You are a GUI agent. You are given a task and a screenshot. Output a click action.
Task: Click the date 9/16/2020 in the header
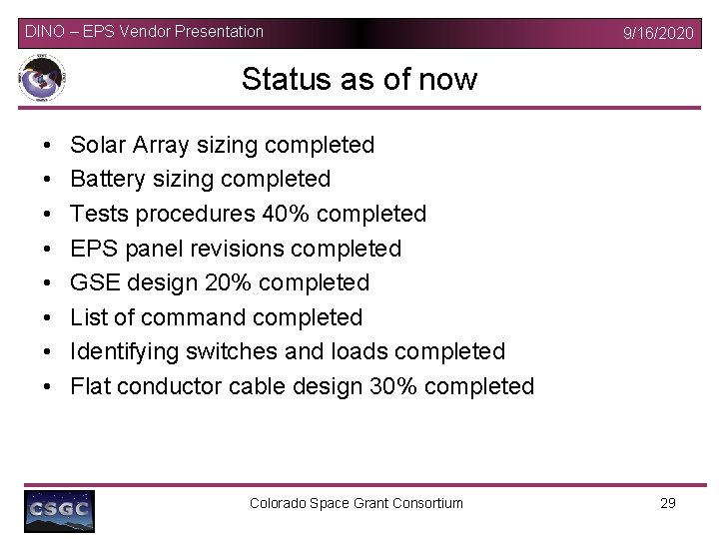[x=657, y=33]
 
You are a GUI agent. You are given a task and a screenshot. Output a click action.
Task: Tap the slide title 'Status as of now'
[x=359, y=79]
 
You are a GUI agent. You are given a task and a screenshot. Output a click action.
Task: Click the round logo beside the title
[x=42, y=80]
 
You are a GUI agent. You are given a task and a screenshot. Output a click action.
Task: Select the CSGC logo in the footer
[x=60, y=510]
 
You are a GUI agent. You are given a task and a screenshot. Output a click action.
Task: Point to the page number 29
[x=668, y=503]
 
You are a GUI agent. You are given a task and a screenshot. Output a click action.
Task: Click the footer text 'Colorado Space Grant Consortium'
[x=357, y=503]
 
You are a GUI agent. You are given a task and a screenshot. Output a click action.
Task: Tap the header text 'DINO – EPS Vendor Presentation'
[x=145, y=31]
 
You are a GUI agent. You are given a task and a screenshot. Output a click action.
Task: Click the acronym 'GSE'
[x=96, y=282]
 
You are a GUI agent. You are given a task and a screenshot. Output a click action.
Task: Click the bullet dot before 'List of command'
[x=49, y=317]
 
